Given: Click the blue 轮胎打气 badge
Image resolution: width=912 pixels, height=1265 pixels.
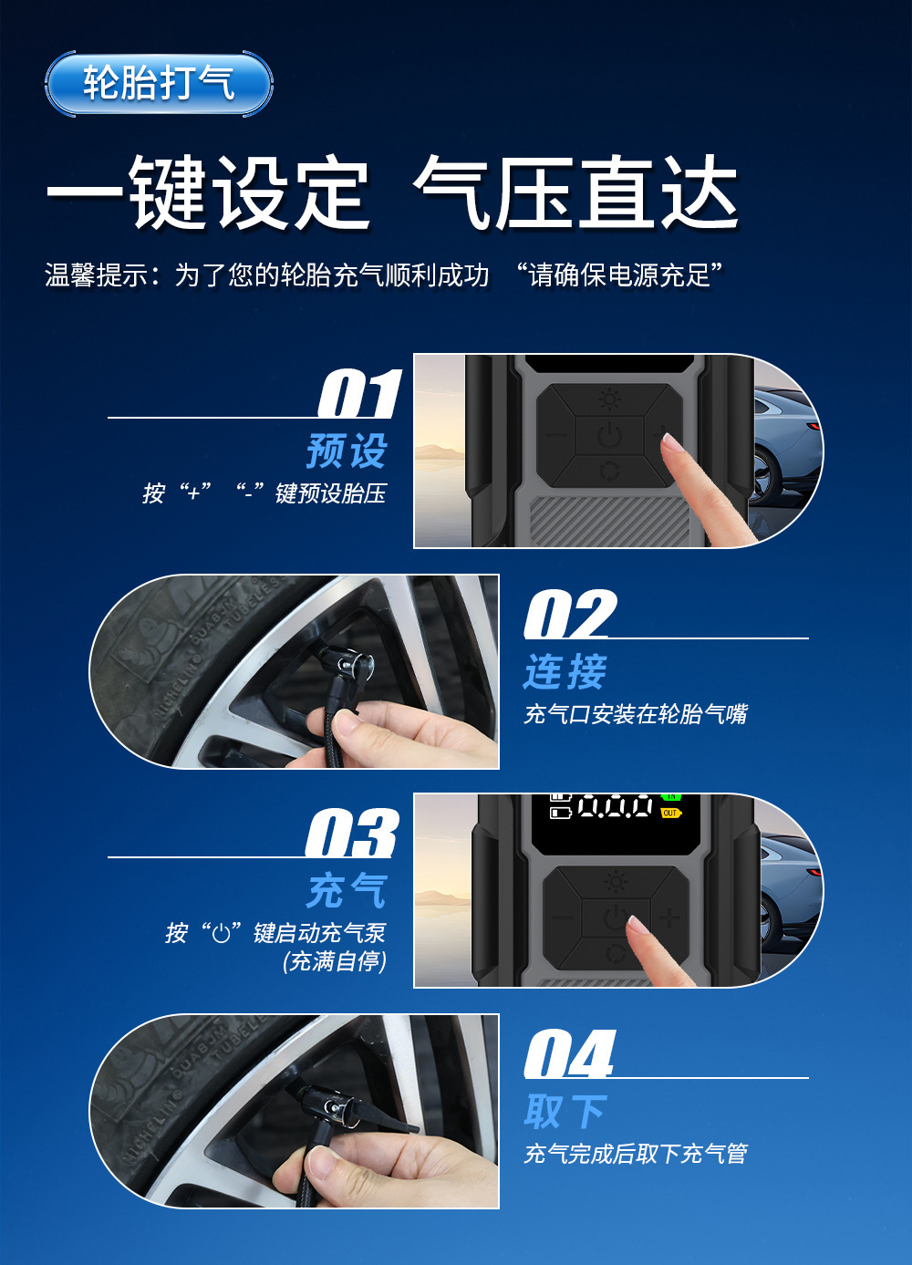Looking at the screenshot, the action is (159, 84).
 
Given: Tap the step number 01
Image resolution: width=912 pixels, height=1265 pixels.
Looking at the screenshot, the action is (359, 394).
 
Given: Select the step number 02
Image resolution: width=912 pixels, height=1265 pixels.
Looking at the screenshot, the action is (570, 614).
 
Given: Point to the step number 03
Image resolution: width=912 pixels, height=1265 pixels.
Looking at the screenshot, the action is (352, 833).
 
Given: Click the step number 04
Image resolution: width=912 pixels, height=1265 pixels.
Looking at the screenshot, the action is (569, 1053).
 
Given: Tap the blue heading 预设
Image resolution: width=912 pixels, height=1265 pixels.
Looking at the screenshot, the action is (347, 451).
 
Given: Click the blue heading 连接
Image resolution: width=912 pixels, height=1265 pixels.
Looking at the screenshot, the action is (565, 671).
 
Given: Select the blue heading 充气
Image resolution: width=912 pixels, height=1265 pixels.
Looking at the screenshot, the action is (347, 890).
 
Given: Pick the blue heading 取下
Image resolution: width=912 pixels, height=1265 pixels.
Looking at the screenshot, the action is (565, 1111).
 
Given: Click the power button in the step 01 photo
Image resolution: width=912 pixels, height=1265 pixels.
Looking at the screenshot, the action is (609, 435).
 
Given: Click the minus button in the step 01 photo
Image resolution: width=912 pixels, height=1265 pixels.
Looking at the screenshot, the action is (556, 435).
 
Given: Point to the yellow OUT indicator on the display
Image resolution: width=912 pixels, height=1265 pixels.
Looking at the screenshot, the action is (671, 814).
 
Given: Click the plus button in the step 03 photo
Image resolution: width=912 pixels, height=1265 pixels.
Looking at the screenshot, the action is (669, 918).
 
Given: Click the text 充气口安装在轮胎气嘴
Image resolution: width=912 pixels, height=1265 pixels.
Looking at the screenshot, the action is (636, 714).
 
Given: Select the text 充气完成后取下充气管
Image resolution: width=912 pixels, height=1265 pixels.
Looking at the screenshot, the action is (636, 1154).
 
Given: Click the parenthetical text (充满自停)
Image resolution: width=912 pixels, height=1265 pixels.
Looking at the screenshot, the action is (335, 961).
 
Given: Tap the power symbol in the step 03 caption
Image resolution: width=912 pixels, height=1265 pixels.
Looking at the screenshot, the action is (222, 934).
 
